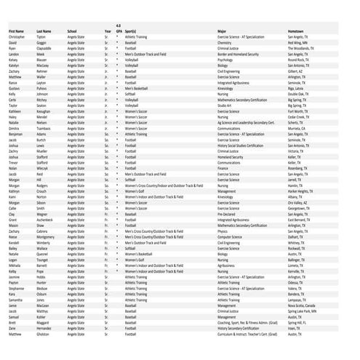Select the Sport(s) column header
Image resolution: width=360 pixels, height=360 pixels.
point(132,31)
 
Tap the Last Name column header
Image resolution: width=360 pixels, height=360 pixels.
point(44,31)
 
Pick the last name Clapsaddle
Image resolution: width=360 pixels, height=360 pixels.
point(46,49)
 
